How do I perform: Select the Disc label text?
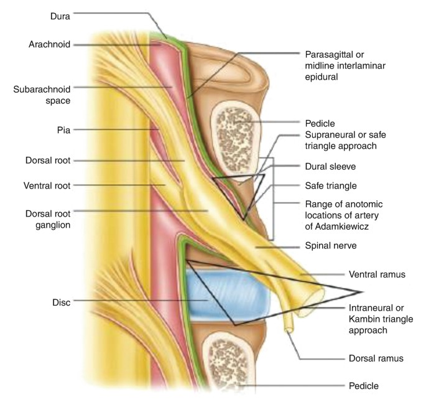click(60, 302)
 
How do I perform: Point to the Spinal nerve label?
click(331, 246)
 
